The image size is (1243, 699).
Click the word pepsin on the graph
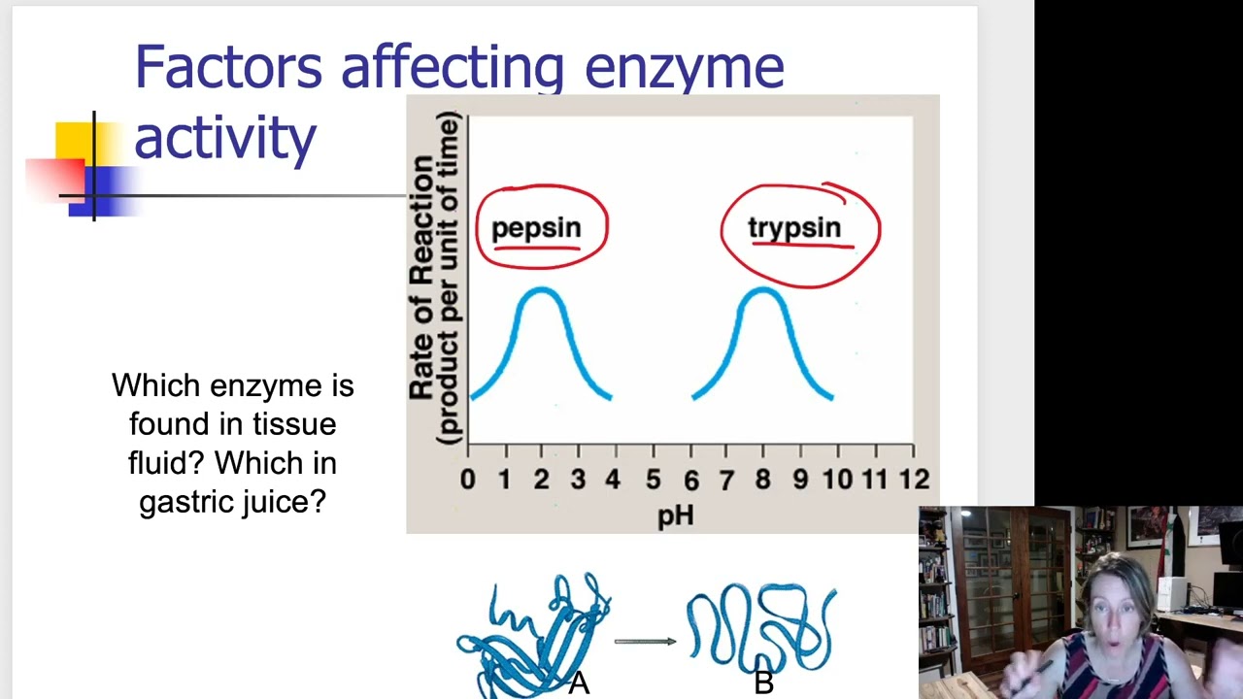(535, 228)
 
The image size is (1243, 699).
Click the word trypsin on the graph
(793, 228)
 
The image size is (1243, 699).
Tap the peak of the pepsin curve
(542, 289)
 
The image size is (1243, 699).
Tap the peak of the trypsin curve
(762, 289)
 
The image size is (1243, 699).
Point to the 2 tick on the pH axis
(541, 479)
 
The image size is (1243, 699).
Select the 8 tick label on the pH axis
(762, 479)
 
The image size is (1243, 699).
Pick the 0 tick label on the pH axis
(468, 479)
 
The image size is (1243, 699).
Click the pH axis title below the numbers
(676, 515)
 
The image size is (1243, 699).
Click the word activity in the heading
(224, 138)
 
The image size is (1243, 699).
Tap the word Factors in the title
(227, 68)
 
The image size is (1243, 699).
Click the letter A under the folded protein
(579, 683)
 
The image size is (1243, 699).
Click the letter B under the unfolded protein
(763, 683)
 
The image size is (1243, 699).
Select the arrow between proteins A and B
(646, 641)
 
